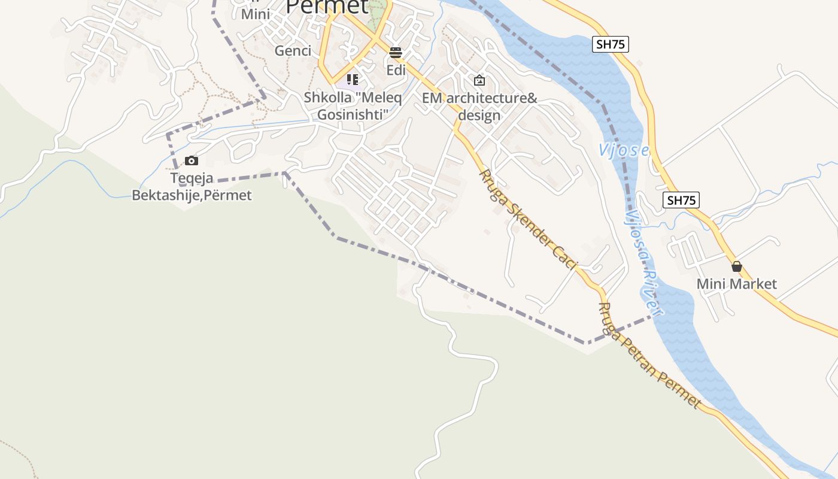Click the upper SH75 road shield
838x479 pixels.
click(x=611, y=44)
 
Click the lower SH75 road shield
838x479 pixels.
click(x=681, y=200)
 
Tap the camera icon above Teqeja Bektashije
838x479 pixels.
click(x=192, y=160)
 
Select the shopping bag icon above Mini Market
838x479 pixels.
click(x=737, y=266)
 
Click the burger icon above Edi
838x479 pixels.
click(x=395, y=53)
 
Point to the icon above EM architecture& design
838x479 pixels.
click(x=479, y=80)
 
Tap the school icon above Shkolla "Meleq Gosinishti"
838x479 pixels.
click(x=353, y=79)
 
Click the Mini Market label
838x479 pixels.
click(x=736, y=284)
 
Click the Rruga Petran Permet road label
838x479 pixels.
click(x=649, y=356)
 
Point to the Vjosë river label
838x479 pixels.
click(x=623, y=150)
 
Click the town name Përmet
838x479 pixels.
click(x=327, y=6)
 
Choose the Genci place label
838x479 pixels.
click(x=293, y=51)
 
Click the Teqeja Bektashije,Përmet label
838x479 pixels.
click(x=192, y=187)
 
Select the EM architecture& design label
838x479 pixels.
click(x=479, y=107)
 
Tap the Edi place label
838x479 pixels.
click(x=396, y=70)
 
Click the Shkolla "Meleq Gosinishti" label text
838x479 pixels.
click(x=353, y=105)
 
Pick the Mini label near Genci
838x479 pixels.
click(x=256, y=14)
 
